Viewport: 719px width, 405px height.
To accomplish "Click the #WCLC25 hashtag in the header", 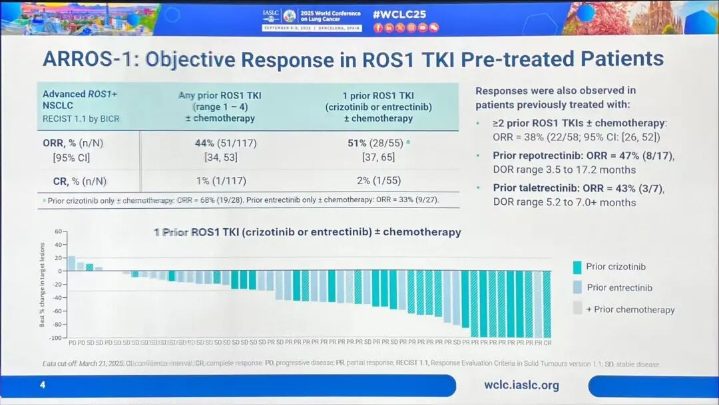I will (399, 14).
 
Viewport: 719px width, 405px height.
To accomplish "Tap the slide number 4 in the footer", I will (42, 385).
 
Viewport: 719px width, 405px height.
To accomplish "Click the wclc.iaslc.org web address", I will (521, 385).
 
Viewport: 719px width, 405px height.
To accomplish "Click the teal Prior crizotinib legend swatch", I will (577, 267).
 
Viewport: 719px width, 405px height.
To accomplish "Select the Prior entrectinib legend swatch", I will (577, 288).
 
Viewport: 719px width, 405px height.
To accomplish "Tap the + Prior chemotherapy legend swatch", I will (577, 309).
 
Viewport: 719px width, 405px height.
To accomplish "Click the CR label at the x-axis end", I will (547, 342).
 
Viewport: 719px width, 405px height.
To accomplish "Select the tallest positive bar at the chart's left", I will (71, 263).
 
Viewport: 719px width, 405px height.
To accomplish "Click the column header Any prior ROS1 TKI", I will (220, 95).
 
